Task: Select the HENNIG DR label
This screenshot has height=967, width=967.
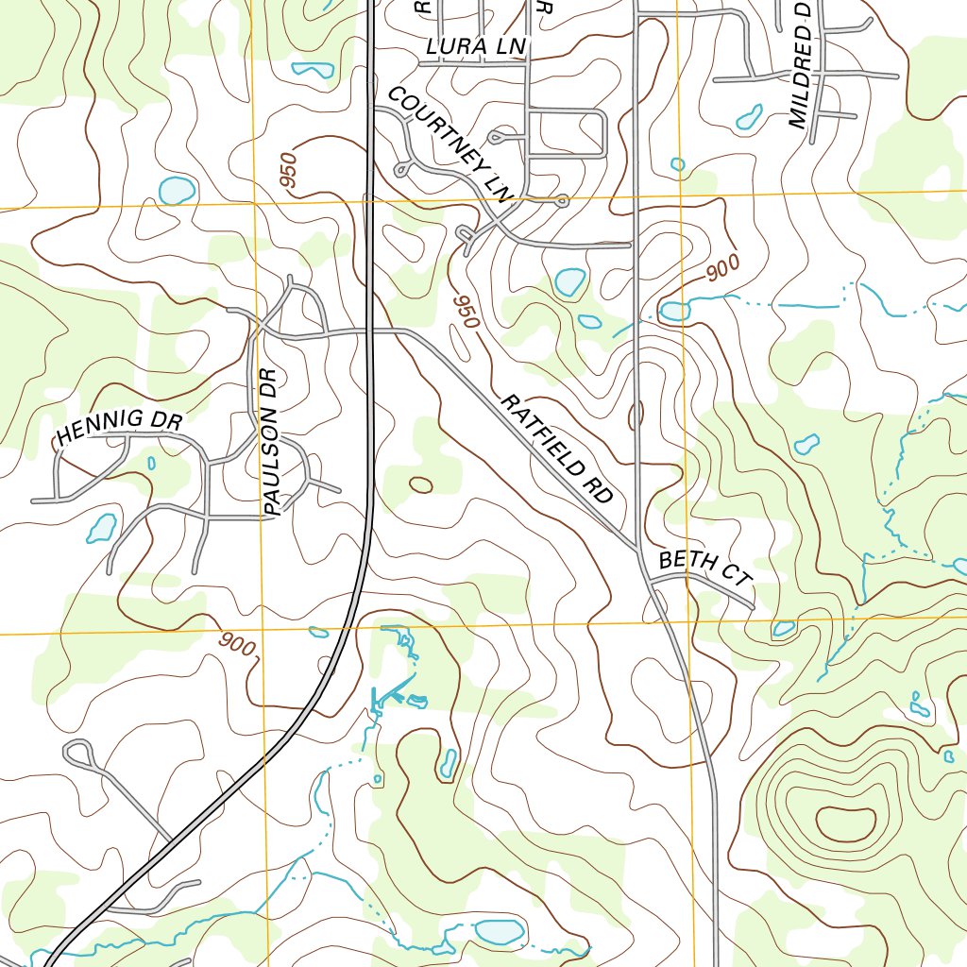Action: coord(119,427)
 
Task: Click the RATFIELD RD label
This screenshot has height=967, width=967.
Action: coord(557,448)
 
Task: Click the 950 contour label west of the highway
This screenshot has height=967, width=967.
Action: coord(289,171)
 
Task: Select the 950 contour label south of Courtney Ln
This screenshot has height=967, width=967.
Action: coord(467,311)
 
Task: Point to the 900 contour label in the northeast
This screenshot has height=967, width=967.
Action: coord(722,269)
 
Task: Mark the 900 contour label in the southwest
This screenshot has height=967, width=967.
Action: coord(237,646)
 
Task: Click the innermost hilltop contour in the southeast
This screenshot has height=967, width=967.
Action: coord(845,823)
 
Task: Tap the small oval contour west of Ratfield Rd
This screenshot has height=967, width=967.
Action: coord(420,484)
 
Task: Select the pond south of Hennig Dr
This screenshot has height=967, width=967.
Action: coord(101,528)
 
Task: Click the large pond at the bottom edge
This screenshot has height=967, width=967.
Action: coord(499,932)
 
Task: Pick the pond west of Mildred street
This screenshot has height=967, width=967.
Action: coord(749,117)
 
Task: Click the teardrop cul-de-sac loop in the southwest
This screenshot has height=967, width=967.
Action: coord(79,753)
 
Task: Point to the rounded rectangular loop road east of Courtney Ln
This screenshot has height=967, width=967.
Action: coord(566,132)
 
